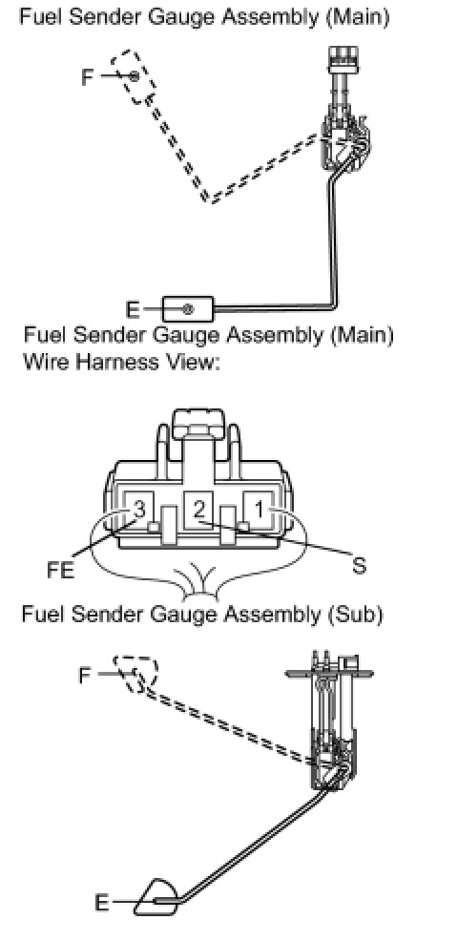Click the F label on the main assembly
click(x=88, y=77)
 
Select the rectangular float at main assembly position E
click(x=189, y=309)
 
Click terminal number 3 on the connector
click(x=138, y=511)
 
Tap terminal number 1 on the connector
click(x=259, y=511)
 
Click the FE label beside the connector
click(x=61, y=570)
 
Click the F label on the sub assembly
click(x=85, y=677)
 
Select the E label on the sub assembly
click(x=102, y=903)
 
